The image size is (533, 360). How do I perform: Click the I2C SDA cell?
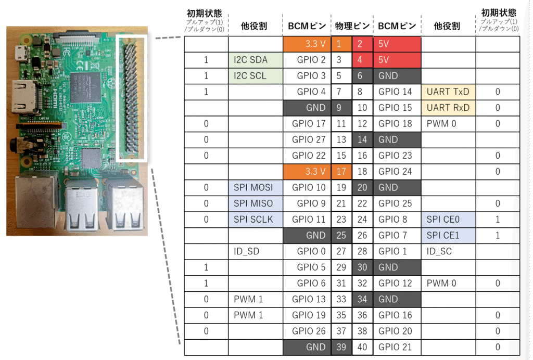point(256,60)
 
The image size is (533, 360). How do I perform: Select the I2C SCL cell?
point(256,76)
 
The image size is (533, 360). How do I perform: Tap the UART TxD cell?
point(448,92)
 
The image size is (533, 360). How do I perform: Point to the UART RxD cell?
point(448,108)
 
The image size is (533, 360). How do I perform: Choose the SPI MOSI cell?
point(256,188)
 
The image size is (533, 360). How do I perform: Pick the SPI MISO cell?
point(256,204)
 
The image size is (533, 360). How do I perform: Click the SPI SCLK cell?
point(256,220)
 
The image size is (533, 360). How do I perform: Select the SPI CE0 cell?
point(448,220)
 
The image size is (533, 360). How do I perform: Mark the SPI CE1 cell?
point(448,236)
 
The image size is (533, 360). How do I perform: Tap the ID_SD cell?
point(256,252)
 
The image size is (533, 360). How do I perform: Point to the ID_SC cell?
point(448,252)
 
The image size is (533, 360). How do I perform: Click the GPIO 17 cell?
point(307,124)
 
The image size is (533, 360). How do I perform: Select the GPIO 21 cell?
point(397,348)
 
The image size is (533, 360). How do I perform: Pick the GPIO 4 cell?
point(307,92)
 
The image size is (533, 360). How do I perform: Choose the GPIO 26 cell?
point(307,331)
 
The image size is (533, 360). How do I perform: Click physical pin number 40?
point(362,348)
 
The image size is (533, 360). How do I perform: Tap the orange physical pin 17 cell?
point(341,172)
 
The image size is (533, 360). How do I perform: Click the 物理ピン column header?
point(352,26)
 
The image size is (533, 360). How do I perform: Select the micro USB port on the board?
point(22,54)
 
